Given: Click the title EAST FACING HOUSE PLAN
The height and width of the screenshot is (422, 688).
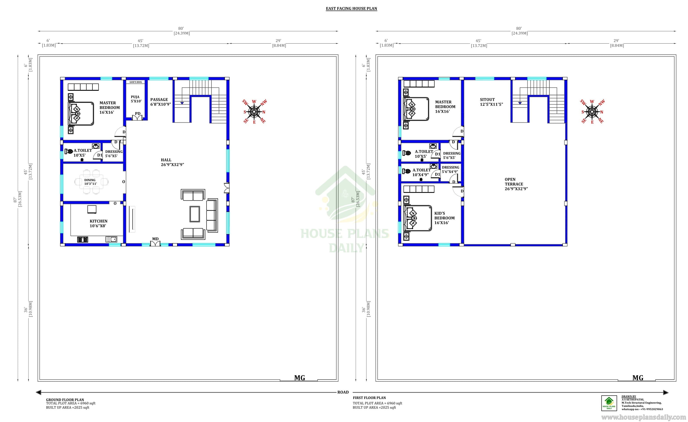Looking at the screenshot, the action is [351, 9].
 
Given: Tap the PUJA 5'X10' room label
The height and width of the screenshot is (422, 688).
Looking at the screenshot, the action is [136, 99].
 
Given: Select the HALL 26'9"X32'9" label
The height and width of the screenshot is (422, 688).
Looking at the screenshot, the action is [172, 162].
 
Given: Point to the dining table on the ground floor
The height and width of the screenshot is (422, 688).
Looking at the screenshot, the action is [91, 182].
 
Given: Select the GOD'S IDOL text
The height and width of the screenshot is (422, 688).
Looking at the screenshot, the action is [136, 82].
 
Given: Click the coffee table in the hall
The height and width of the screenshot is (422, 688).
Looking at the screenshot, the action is [195, 214].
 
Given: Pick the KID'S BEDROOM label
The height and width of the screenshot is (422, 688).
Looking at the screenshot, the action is [444, 218].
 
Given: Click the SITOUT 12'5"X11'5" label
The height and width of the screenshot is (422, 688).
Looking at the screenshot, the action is [491, 102].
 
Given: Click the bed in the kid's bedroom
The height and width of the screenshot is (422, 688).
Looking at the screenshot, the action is [418, 218].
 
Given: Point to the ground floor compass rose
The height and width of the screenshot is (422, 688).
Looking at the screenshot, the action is [254, 112].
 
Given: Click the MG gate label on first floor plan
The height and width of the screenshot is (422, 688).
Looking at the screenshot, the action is [638, 378].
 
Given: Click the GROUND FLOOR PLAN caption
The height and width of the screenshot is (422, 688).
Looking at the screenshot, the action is [65, 400].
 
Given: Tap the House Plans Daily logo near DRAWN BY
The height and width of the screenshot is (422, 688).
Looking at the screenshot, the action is [609, 403].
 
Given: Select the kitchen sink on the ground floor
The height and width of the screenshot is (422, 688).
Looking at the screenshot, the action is [111, 239].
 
